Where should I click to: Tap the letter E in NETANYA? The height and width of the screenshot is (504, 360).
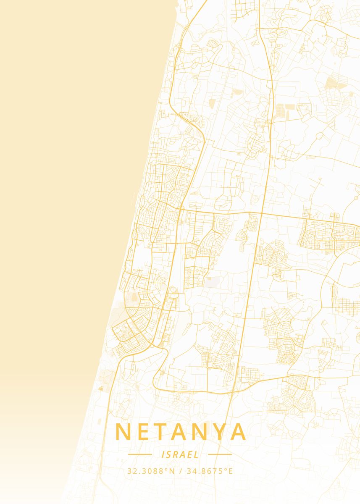click(x=142, y=432)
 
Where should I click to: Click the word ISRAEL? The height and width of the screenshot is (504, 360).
click(x=180, y=454)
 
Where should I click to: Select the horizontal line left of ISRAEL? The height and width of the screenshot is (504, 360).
click(x=140, y=454)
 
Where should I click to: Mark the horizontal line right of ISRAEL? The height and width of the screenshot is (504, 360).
click(x=220, y=454)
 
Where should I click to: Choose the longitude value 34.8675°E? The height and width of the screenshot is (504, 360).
click(x=210, y=471)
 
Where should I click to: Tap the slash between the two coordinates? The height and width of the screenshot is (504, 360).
click(x=180, y=471)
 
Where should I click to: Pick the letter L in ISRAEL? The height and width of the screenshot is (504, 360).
click(x=197, y=454)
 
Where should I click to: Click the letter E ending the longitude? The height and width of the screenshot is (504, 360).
click(x=230, y=471)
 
